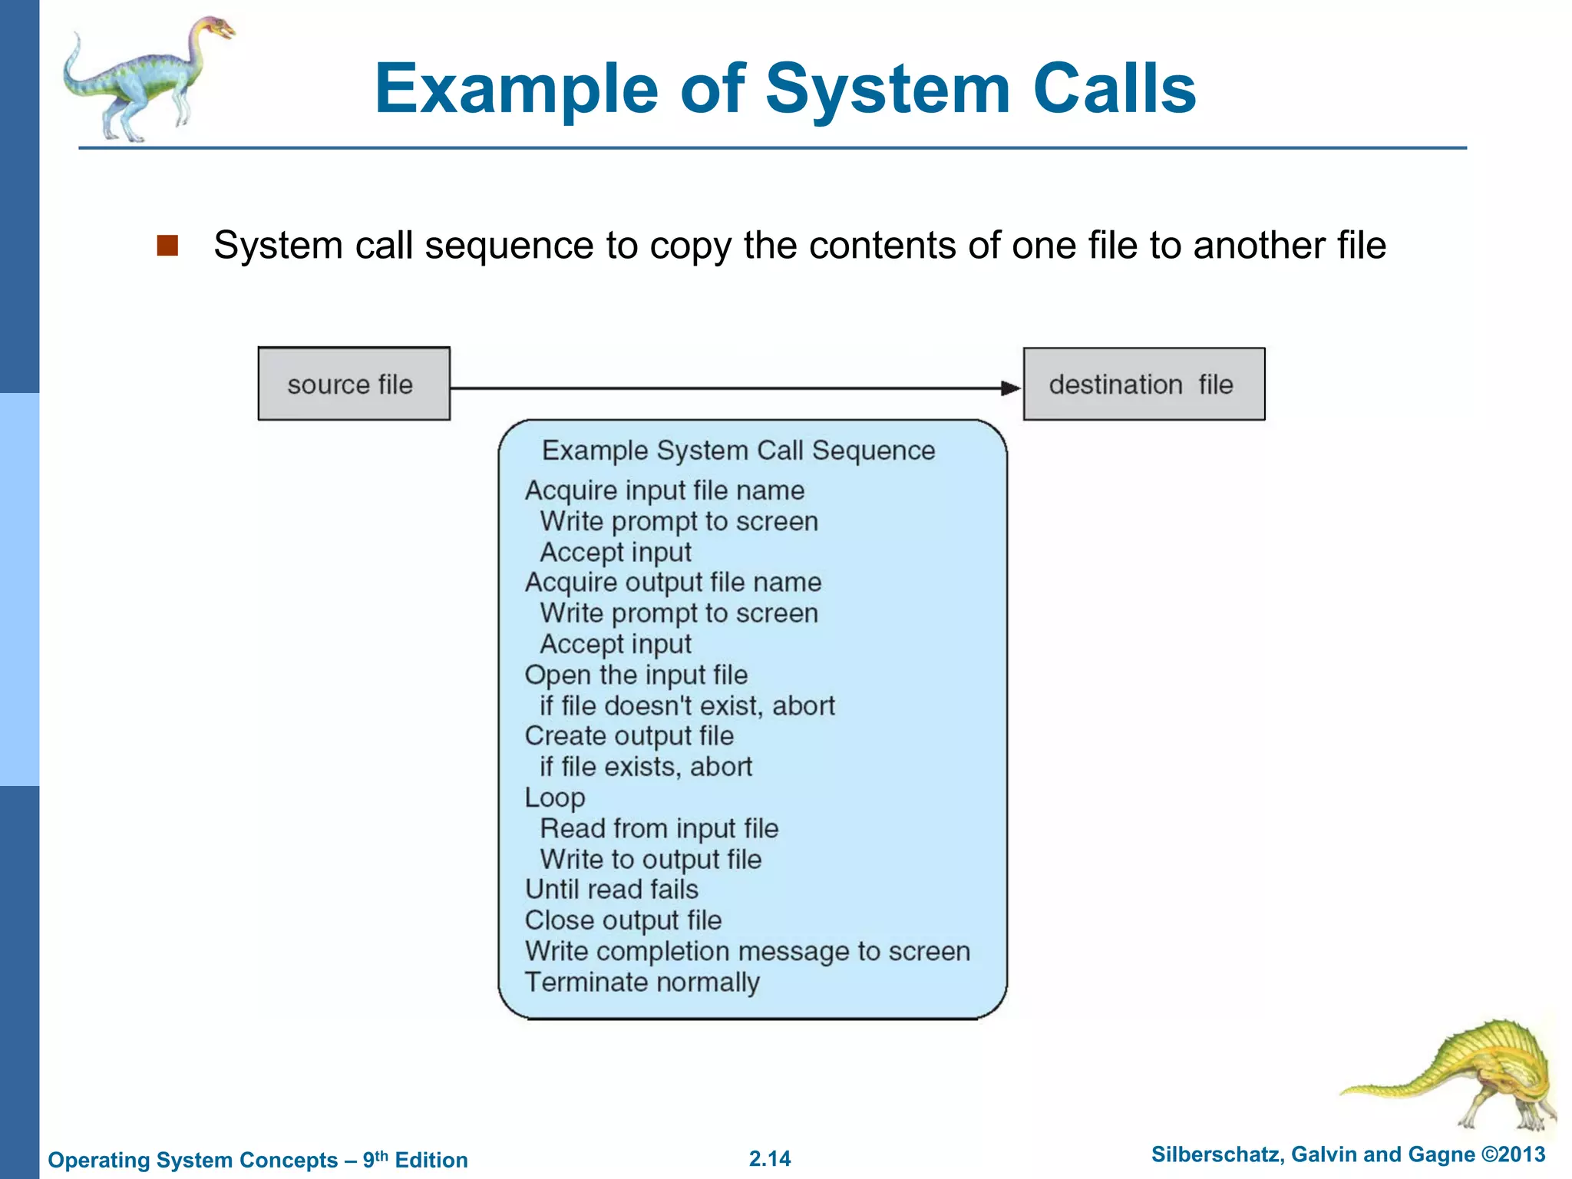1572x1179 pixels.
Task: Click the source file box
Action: point(354,384)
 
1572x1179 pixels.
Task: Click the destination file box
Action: point(1144,384)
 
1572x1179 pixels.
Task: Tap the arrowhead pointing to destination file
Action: point(1011,388)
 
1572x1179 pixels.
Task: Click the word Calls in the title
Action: point(1115,88)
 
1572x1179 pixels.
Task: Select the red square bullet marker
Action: point(167,246)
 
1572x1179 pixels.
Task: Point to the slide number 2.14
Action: point(770,1158)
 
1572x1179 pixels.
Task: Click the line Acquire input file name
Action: point(665,490)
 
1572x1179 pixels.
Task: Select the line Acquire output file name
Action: point(673,583)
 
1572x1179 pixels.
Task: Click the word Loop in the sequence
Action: point(555,798)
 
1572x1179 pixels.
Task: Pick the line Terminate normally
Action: point(642,982)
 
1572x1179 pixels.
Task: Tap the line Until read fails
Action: point(612,890)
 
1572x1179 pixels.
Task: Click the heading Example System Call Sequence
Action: point(738,451)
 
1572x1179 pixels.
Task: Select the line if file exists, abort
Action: point(646,767)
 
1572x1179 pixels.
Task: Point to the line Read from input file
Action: point(659,828)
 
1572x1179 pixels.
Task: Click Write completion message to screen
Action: point(748,952)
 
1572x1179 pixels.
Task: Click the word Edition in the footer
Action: point(431,1160)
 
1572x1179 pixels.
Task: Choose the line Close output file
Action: point(623,920)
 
